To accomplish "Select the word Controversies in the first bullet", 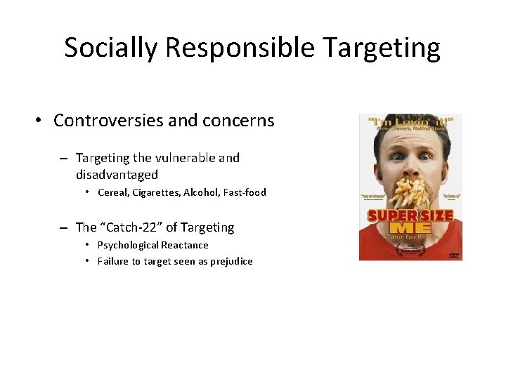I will (x=112, y=121).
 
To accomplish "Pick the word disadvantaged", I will (x=117, y=174).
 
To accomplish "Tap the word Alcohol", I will (x=201, y=192).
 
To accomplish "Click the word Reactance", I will (x=185, y=245).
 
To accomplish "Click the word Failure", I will (x=113, y=262).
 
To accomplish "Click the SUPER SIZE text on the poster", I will (x=410, y=215).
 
